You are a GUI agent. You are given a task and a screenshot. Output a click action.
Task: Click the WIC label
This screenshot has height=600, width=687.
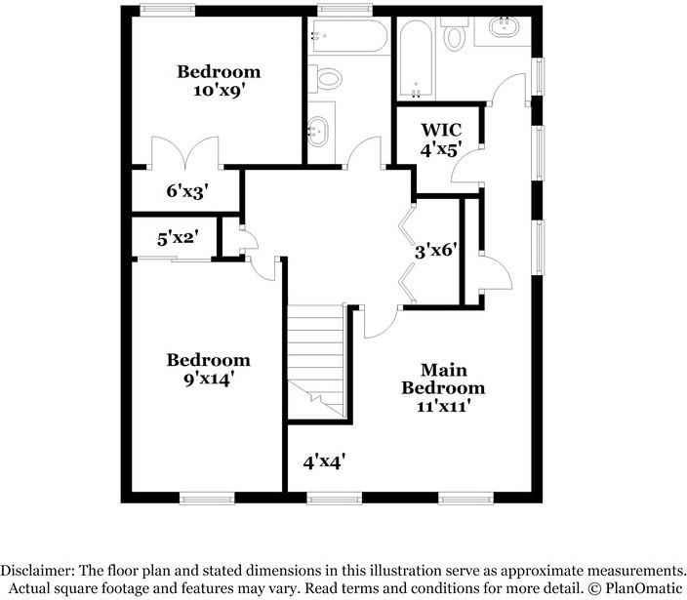[440, 130]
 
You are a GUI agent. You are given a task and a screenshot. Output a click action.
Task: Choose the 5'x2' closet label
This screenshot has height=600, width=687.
[178, 237]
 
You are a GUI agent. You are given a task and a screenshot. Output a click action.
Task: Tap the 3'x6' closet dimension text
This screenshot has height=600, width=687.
[436, 249]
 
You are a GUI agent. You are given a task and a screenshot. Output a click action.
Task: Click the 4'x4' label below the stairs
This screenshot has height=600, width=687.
[323, 460]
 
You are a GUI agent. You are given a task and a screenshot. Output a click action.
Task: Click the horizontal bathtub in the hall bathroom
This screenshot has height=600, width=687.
[347, 37]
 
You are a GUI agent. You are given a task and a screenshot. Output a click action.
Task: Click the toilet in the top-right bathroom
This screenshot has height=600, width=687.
[455, 36]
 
